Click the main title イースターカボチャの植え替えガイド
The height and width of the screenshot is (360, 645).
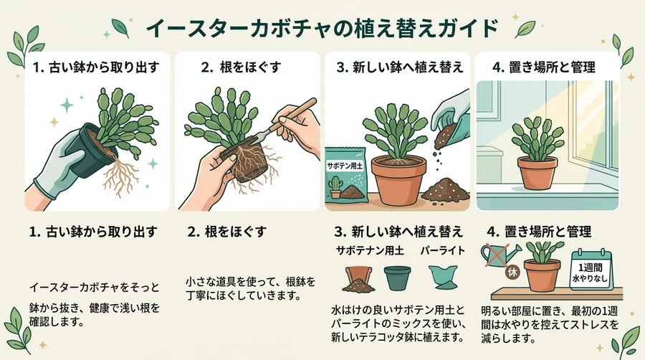pos(322,29)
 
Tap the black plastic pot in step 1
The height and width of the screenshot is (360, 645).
pos(89,151)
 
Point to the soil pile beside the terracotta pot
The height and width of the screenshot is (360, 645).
pos(446,190)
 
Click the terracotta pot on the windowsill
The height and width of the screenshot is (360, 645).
pos(537,173)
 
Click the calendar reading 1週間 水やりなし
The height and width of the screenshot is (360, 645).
pos(591,270)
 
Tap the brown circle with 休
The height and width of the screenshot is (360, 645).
pos(512,273)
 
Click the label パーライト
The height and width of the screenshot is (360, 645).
pos(443,250)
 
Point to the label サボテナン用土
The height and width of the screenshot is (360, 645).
pos(370,250)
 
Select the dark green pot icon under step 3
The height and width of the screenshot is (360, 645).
pos(397,278)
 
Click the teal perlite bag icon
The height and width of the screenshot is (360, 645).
pos(443,277)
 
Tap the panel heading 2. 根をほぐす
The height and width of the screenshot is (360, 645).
pos(241,67)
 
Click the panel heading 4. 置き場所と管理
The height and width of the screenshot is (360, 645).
pos(544,67)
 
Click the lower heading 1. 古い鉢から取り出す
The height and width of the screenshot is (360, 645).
pos(93,232)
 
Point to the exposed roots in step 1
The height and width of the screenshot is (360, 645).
pos(118,175)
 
